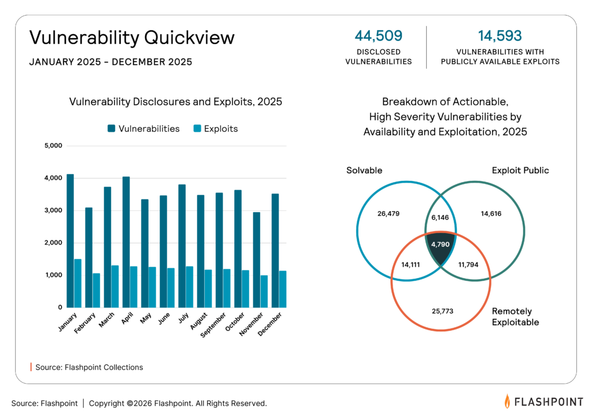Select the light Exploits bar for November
tap(264, 291)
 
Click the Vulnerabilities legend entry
tap(143, 129)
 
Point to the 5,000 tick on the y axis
tap(53, 146)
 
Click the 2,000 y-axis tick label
tap(53, 243)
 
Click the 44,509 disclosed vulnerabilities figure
tap(378, 36)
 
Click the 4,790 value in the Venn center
tap(441, 245)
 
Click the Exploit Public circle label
tap(520, 171)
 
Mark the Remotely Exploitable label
tap(515, 316)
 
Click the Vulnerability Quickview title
tap(132, 38)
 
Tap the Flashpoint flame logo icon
tap(507, 401)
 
